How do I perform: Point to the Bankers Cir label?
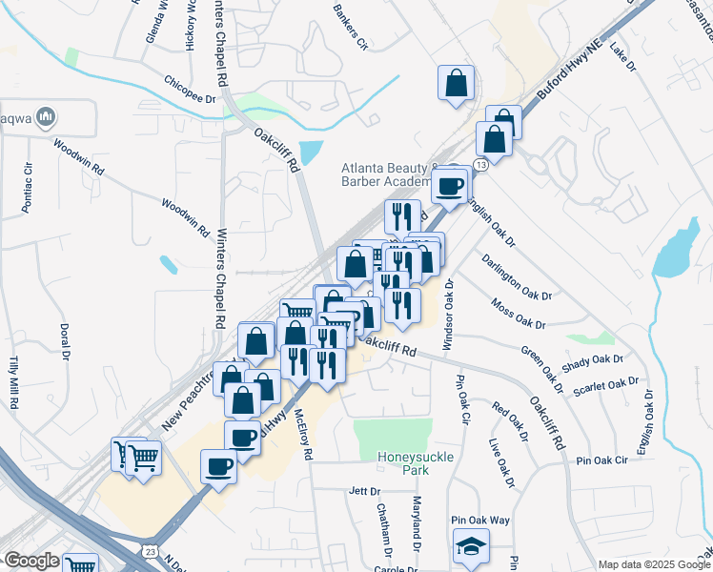pyautogui.click(x=349, y=27)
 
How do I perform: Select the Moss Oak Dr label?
pyautogui.click(x=519, y=315)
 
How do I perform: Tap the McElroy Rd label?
pyautogui.click(x=304, y=435)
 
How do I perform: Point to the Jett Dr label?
pyautogui.click(x=364, y=491)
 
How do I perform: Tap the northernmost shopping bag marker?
pyautogui.click(x=457, y=82)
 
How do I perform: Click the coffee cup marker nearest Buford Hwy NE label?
pyautogui.click(x=450, y=184)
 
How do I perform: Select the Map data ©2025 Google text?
pyautogui.click(x=654, y=564)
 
